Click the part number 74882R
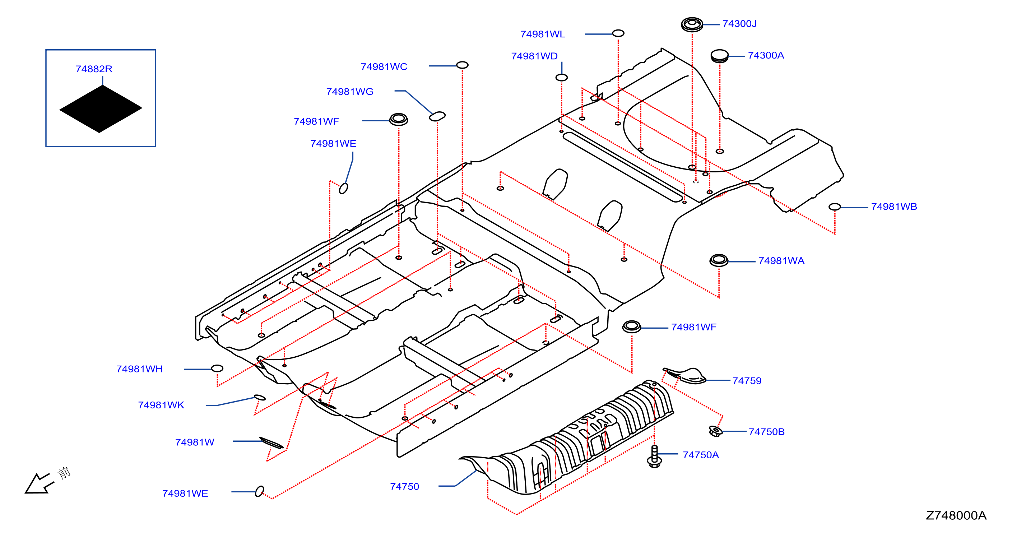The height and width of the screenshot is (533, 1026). coord(94,69)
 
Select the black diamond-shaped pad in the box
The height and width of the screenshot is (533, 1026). coord(100,109)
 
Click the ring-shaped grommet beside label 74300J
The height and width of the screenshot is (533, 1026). coord(692,25)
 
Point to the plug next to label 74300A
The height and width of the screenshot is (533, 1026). coord(719,56)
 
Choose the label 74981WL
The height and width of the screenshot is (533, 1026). coord(543,34)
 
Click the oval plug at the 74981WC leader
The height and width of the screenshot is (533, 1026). coord(462,65)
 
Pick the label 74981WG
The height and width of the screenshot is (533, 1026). coord(350,92)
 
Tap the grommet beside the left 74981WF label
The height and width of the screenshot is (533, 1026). coord(398,119)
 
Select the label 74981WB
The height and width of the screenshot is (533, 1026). coord(894,207)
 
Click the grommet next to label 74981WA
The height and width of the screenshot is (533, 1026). coord(719,260)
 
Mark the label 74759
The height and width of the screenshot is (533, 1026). coord(747,381)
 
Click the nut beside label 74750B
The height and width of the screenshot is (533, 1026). coord(715,431)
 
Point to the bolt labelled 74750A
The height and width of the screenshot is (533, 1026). coord(654,456)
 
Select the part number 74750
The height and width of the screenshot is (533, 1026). coord(404,486)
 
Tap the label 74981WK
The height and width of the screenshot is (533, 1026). coord(161,405)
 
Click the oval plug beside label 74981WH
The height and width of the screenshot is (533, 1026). coord(217,369)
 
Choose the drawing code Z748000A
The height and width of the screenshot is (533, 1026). coord(956,515)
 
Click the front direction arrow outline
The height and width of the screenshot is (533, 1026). coord(39,483)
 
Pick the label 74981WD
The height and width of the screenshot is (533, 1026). coord(534,56)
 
